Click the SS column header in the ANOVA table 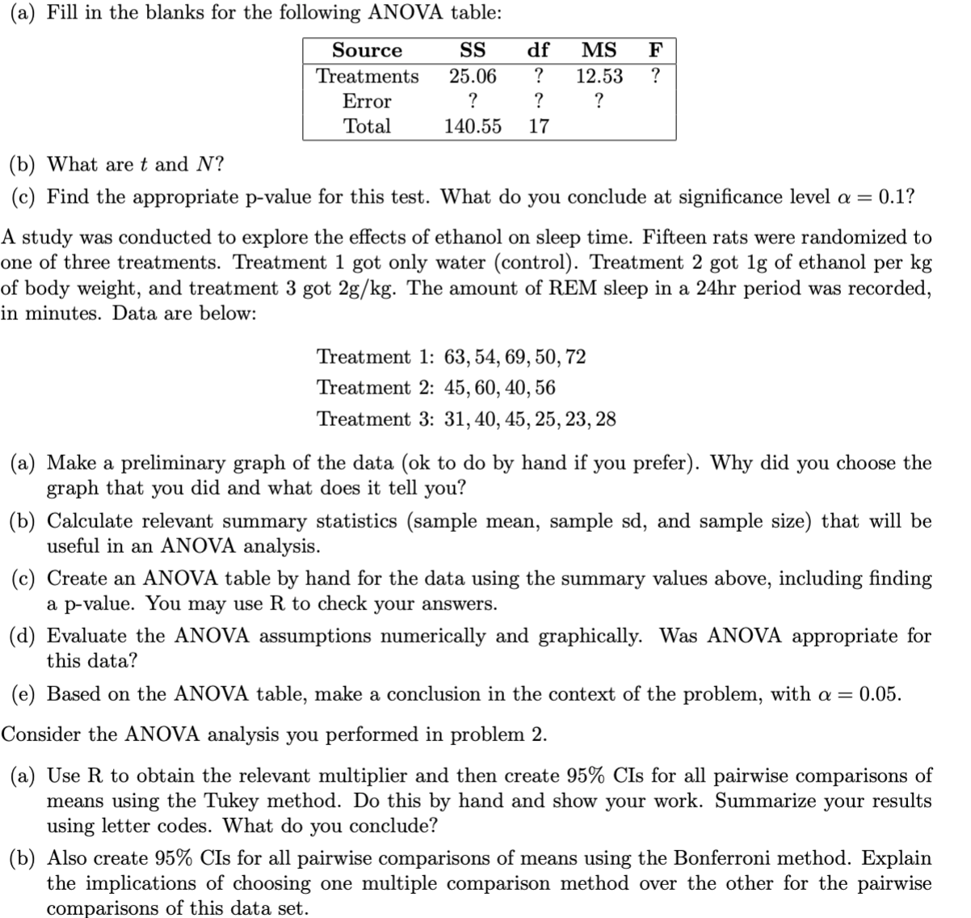click(472, 50)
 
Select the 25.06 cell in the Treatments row click(473, 76)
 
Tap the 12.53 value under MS click(599, 76)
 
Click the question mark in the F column click(656, 76)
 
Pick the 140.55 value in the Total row click(473, 126)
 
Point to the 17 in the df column click(539, 126)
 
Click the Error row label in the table click(367, 101)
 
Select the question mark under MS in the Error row click(599, 101)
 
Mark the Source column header click(367, 50)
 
